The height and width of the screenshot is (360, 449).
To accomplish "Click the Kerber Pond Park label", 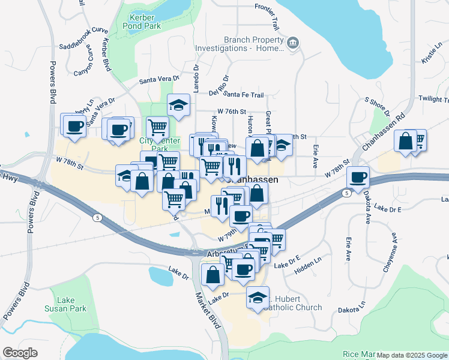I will pos(142,22).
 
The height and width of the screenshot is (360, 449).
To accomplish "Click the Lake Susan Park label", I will pos(65,304).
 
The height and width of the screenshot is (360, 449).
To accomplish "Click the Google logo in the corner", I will pos(20,353).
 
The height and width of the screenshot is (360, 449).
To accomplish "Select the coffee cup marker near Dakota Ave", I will pos(358,177).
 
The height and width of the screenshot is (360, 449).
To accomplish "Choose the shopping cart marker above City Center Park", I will pos(157,127).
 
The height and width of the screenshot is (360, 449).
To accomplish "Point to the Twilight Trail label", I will pos(433,98).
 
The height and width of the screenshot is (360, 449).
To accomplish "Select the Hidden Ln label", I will pos(309,267).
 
